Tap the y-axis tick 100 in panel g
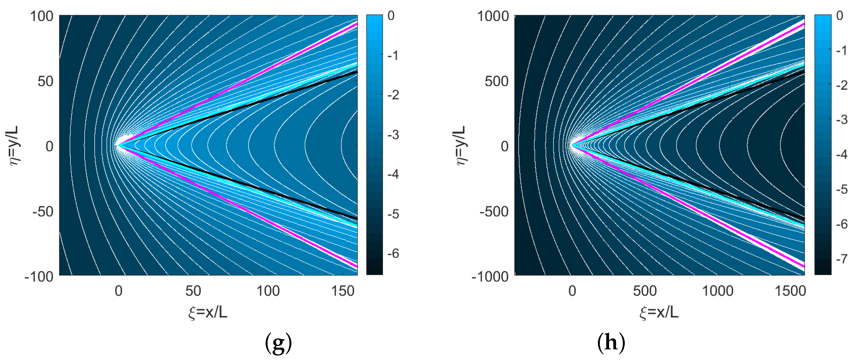[x=42, y=16]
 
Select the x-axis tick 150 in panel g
[x=342, y=291]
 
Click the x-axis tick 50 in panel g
[x=193, y=291]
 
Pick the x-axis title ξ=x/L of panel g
[x=208, y=312]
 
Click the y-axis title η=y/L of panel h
[x=461, y=146]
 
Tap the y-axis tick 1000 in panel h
[x=493, y=16]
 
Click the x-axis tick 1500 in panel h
[x=790, y=291]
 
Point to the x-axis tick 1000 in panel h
[x=718, y=291]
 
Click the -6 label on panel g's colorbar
[x=393, y=253]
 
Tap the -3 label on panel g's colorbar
[x=393, y=135]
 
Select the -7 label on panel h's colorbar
[x=842, y=259]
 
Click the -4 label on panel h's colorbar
[x=842, y=154]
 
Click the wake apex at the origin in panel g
[x=119, y=146]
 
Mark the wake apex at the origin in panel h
[x=572, y=146]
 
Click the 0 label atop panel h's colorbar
[x=840, y=16]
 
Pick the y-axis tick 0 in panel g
[x=49, y=146]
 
